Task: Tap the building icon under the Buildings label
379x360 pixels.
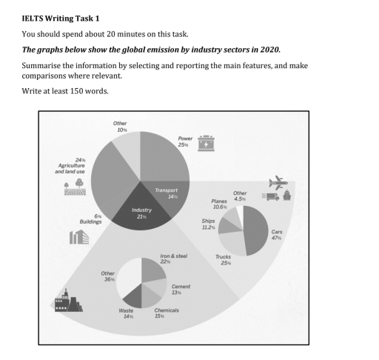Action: [79, 238]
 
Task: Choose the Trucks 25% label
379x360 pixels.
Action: [223, 260]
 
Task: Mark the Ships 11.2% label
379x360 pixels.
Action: [208, 224]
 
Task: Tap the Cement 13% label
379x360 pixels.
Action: [181, 290]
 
